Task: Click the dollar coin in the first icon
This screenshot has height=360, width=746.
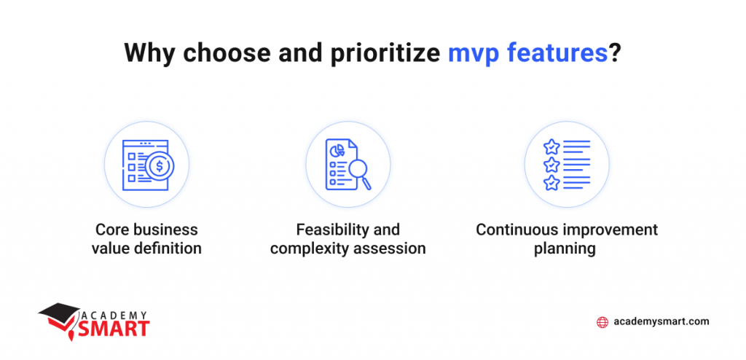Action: pyautogui.click(x=160, y=167)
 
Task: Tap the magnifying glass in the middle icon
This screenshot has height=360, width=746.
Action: pyautogui.click(x=358, y=172)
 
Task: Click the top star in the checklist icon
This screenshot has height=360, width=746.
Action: pyautogui.click(x=552, y=147)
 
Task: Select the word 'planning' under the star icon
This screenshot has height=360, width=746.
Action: pyautogui.click(x=567, y=249)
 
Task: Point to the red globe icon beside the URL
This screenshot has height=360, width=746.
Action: pyautogui.click(x=602, y=322)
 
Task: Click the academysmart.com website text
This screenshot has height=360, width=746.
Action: pyautogui.click(x=661, y=321)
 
